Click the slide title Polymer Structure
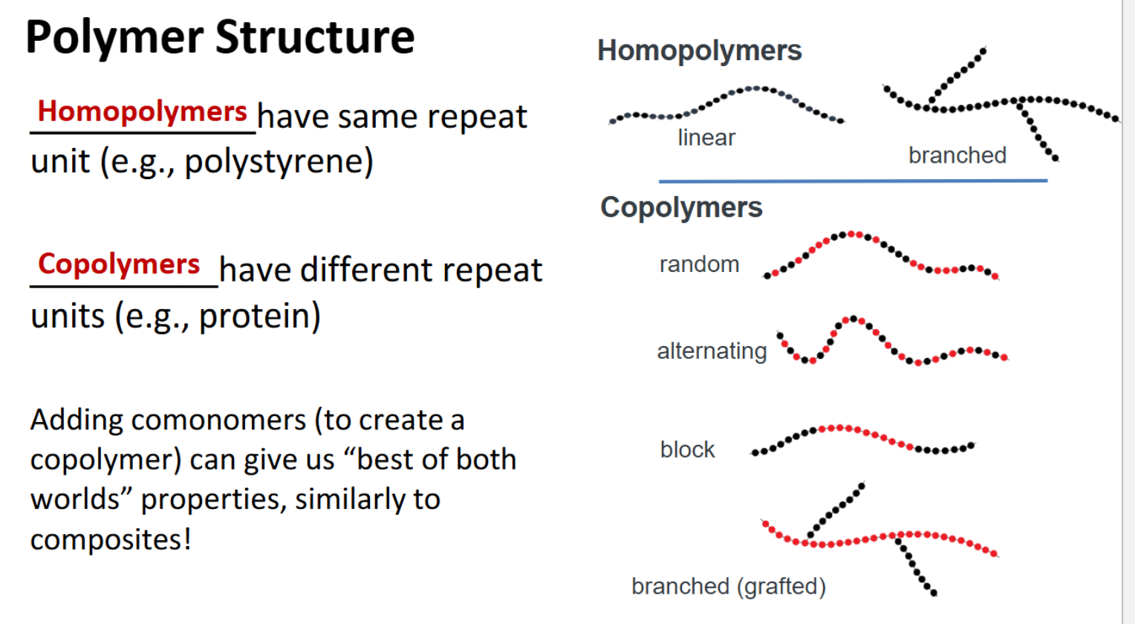coord(220,37)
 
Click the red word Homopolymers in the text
coord(142,111)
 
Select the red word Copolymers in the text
coord(119,264)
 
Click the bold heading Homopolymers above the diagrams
coord(699,51)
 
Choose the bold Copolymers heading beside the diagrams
coord(681,207)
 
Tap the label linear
coord(706,138)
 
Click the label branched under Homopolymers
coord(957,155)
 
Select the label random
coord(699,264)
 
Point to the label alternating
coord(712,351)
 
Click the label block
coord(687,449)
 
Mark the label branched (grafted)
coord(728,586)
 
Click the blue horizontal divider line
coord(853,181)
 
